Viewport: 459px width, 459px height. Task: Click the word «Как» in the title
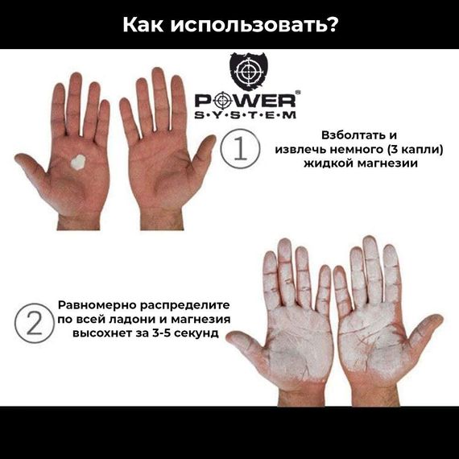pos(144,24)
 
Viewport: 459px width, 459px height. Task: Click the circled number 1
pos(239,150)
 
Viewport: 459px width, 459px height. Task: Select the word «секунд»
pos(199,333)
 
